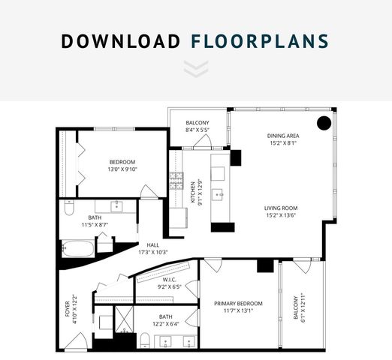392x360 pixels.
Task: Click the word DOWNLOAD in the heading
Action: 119,40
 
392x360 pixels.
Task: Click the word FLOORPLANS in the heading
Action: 261,40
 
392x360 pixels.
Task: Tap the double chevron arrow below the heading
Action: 195,70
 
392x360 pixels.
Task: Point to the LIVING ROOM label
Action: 282,212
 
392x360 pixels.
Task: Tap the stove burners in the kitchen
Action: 176,180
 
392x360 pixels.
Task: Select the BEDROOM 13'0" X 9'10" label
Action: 122,166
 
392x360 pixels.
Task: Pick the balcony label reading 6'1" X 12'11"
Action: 300,307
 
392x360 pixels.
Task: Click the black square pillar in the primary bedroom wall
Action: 265,265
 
